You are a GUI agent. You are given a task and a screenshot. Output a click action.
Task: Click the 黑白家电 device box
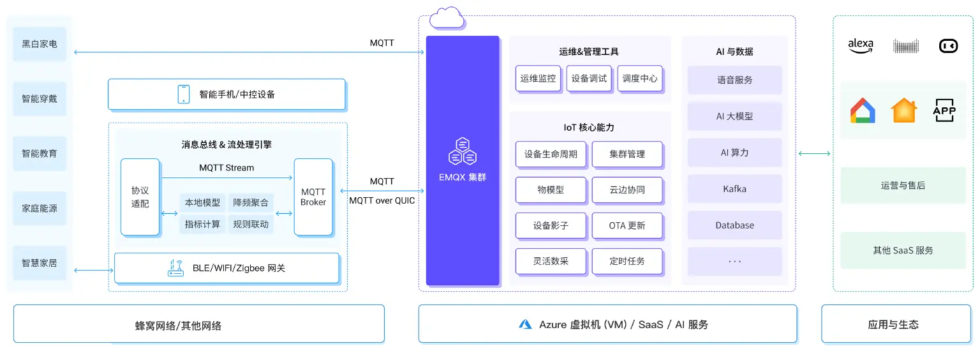coord(40,44)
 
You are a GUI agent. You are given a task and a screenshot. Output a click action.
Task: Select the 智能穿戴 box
coord(40,99)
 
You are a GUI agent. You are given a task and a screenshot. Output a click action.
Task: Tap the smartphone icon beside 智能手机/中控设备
coord(184,94)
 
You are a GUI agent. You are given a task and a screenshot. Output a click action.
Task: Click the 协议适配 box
coord(140,197)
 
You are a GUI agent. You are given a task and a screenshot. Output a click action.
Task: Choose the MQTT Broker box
coord(313,197)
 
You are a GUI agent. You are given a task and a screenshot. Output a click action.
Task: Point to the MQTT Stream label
coord(226,168)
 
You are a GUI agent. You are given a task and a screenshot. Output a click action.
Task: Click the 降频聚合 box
coord(251,203)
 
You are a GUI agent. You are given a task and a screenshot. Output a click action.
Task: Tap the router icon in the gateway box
coord(175,268)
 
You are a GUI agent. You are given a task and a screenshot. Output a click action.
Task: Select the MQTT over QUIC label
coord(382,200)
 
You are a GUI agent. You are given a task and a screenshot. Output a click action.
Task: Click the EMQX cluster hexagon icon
coord(463,152)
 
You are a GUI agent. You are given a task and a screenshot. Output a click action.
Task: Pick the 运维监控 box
coord(538,79)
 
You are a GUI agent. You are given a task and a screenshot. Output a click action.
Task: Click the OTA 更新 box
coord(627,225)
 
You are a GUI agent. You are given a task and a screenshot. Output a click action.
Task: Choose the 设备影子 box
coord(551,225)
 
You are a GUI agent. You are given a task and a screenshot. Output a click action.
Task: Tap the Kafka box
coord(734,189)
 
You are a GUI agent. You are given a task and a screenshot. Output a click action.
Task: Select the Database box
coord(734,225)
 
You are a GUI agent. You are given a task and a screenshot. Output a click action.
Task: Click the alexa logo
coord(860,45)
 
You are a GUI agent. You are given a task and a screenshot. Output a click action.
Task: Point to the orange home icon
coord(904,110)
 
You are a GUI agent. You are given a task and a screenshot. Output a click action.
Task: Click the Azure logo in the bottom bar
coord(525,324)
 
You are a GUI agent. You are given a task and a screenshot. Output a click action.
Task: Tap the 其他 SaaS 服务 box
coord(903,250)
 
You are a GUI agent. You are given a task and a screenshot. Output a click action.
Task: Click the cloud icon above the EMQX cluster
coord(447,18)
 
